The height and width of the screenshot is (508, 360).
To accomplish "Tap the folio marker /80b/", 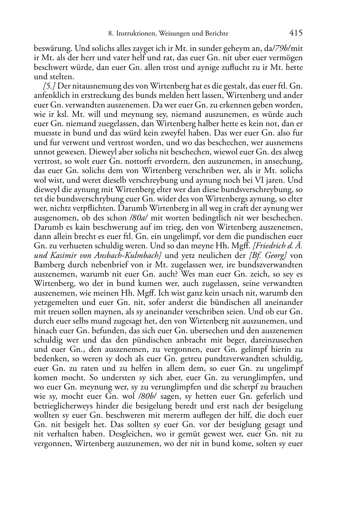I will pos(147,396).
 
